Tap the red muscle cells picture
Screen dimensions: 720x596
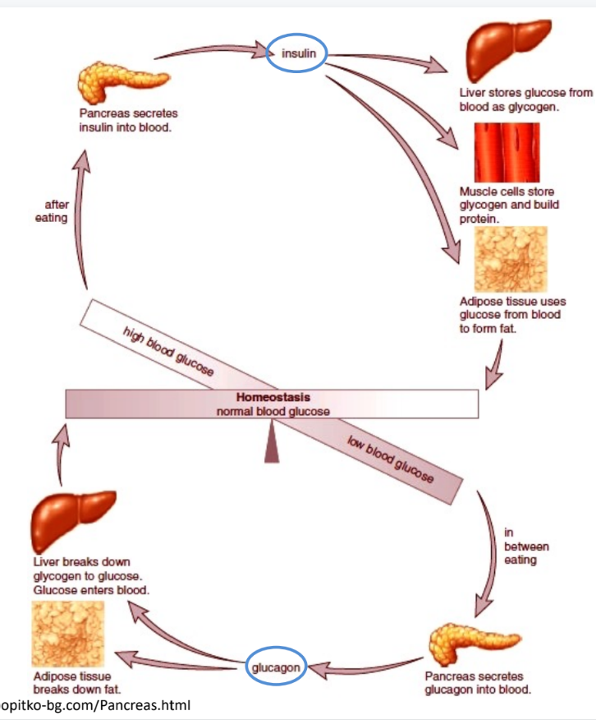pyautogui.click(x=507, y=152)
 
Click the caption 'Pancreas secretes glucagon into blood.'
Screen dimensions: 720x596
pyautogui.click(x=477, y=683)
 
